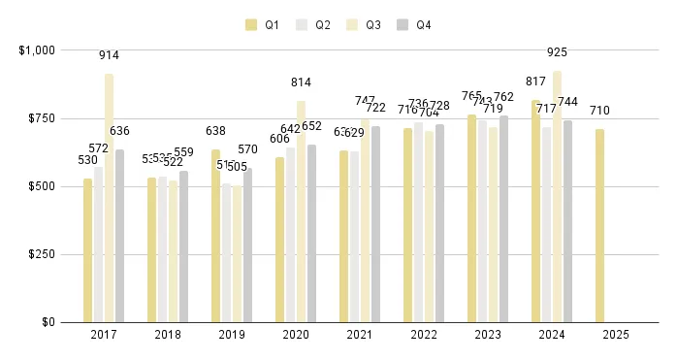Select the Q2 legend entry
[x=315, y=25]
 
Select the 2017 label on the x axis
[x=103, y=335]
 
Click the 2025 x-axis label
[x=615, y=335]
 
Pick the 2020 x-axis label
[x=295, y=335]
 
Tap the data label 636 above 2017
[x=119, y=131]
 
